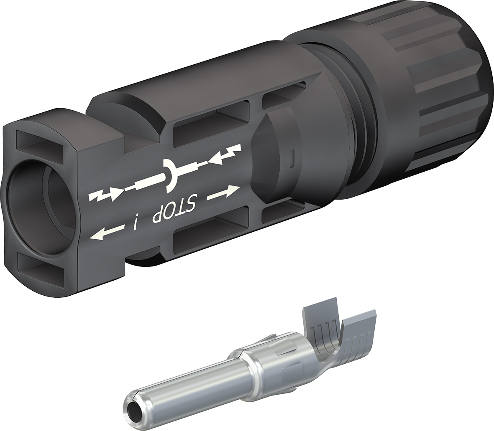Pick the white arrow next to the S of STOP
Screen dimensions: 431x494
[223, 192]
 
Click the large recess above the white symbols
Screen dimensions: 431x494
[211, 125]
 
